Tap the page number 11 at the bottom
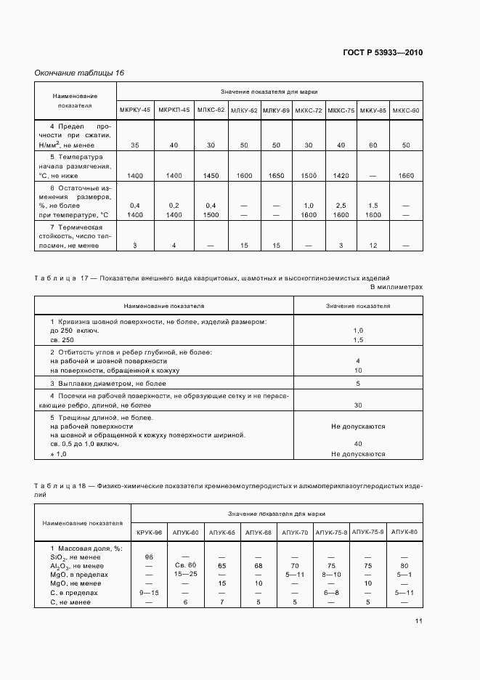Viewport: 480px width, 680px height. tap(418, 621)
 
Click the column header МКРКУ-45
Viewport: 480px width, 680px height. tap(135, 110)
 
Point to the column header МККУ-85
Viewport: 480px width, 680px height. tap(373, 110)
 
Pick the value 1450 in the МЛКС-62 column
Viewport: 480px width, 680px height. tap(211, 177)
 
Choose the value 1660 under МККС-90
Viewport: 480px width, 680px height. tap(406, 177)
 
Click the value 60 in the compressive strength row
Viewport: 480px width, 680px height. tap(373, 145)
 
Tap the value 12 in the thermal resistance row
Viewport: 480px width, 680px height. tap(373, 246)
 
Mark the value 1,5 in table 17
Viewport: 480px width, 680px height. tap(357, 340)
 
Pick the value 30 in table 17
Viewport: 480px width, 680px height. tap(357, 405)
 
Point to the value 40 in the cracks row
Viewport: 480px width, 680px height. tap(357, 444)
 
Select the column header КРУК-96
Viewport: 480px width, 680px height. tap(147, 533)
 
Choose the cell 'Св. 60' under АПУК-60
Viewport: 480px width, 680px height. tap(186, 565)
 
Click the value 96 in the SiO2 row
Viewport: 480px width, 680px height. tap(147, 556)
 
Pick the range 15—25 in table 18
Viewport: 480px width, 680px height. tap(186, 574)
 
